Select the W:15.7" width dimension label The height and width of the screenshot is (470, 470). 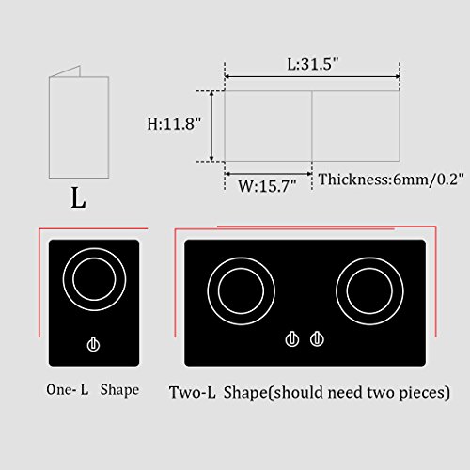266,185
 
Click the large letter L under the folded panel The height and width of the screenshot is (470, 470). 78,198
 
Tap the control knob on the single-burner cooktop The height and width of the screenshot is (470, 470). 92,345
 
